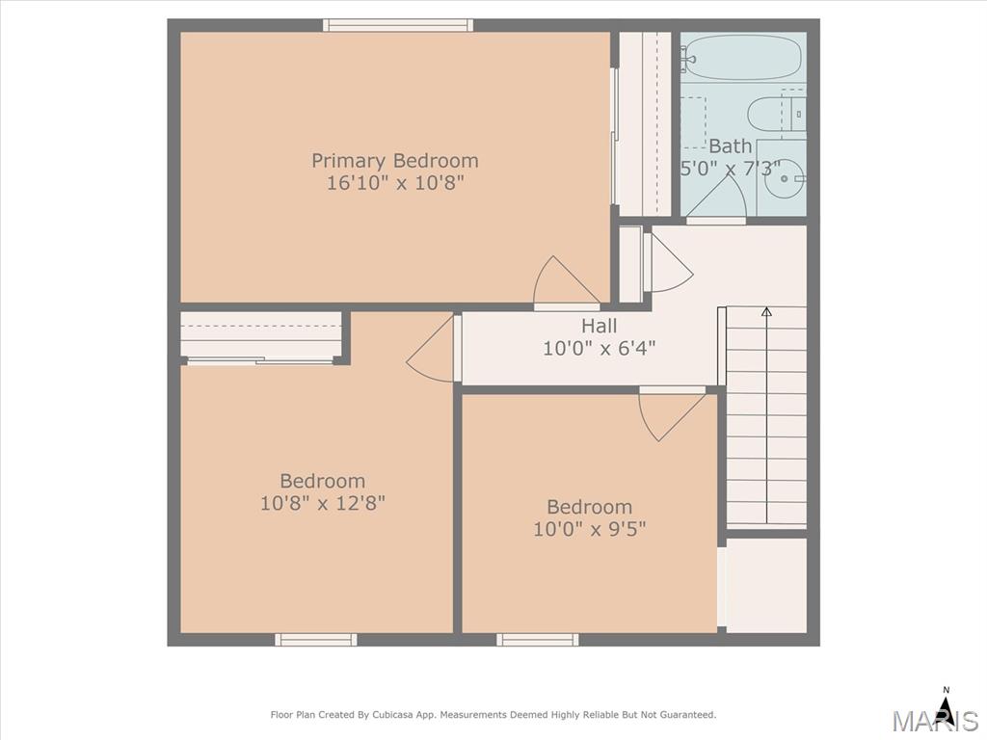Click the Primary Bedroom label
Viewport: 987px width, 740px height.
point(394,161)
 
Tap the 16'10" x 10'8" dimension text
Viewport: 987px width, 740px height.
point(395,183)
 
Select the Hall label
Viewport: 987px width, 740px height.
point(599,326)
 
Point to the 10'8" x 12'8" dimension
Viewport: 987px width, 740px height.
point(322,503)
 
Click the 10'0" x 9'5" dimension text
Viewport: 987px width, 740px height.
point(589,529)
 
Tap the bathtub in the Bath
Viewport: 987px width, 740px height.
point(743,57)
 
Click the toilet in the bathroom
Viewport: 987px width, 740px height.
point(776,114)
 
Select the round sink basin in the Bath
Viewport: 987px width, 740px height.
point(784,178)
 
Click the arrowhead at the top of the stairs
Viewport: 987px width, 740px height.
point(766,311)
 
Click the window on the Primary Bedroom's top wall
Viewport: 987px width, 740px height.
point(398,25)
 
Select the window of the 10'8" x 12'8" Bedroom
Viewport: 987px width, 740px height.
point(316,640)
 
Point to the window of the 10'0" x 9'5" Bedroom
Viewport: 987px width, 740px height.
point(538,640)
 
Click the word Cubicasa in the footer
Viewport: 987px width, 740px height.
point(393,715)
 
